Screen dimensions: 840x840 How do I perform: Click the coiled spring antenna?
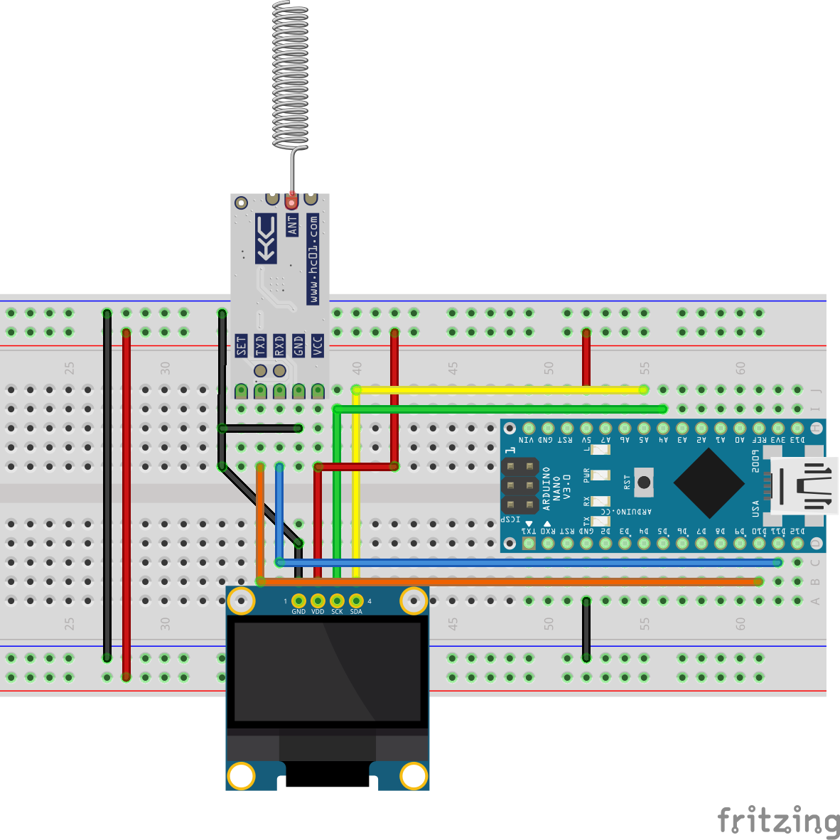pyautogui.click(x=291, y=75)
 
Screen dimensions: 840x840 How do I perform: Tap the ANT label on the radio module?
pyautogui.click(x=292, y=225)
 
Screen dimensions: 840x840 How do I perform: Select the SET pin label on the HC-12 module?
pyautogui.click(x=242, y=346)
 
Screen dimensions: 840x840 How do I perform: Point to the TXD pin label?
pyautogui.click(x=261, y=346)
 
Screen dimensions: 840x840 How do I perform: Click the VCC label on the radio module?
pyautogui.click(x=318, y=345)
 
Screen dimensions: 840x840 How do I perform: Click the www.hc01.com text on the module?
pyautogui.click(x=313, y=259)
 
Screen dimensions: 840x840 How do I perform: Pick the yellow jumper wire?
pyautogui.click(x=497, y=389)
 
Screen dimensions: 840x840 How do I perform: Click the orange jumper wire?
pyautogui.click(x=512, y=581)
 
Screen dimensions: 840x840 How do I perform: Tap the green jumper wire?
pyautogui.click(x=497, y=409)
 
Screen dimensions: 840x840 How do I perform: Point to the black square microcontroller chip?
pyautogui.click(x=709, y=483)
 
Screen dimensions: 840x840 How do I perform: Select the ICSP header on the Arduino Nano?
pyautogui.click(x=519, y=486)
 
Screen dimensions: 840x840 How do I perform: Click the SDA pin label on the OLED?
pyautogui.click(x=356, y=611)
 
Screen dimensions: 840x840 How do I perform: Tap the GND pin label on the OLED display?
pyautogui.click(x=298, y=611)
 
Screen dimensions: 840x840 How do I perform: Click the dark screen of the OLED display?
pyautogui.click(x=328, y=672)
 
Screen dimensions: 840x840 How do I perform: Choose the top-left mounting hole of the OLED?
pyautogui.click(x=242, y=601)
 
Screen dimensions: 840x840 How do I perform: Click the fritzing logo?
pyautogui.click(x=778, y=821)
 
